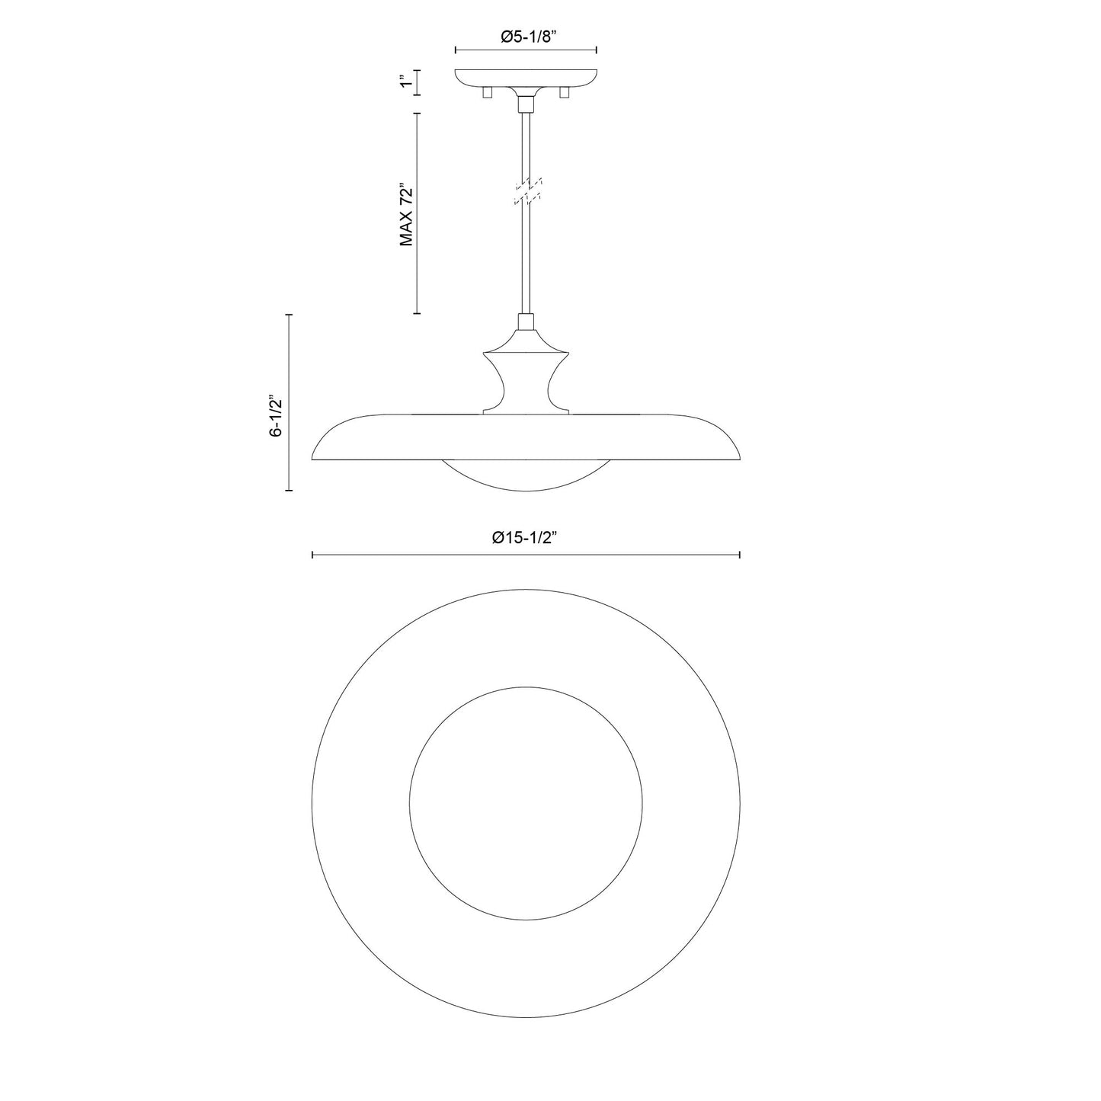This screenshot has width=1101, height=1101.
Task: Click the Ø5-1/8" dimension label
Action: [x=526, y=35]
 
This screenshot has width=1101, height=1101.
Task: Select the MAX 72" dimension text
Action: [x=406, y=214]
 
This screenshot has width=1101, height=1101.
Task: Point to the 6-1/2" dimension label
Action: [x=277, y=415]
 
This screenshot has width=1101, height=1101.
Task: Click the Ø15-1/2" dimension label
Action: [x=526, y=537]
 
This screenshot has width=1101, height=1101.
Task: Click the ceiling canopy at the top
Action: [x=526, y=78]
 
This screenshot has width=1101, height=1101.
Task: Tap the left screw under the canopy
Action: [x=488, y=93]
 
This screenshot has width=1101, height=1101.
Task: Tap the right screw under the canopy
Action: [x=565, y=93]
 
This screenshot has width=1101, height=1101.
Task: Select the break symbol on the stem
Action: [x=526, y=191]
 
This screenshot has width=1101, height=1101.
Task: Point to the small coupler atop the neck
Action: [x=526, y=322]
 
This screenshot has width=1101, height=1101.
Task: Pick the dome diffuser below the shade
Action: [x=526, y=476]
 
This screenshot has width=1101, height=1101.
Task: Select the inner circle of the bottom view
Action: [x=526, y=800]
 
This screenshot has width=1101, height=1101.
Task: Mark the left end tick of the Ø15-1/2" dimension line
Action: [x=313, y=555]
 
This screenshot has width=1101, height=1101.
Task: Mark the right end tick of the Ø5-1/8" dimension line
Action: [x=596, y=50]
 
